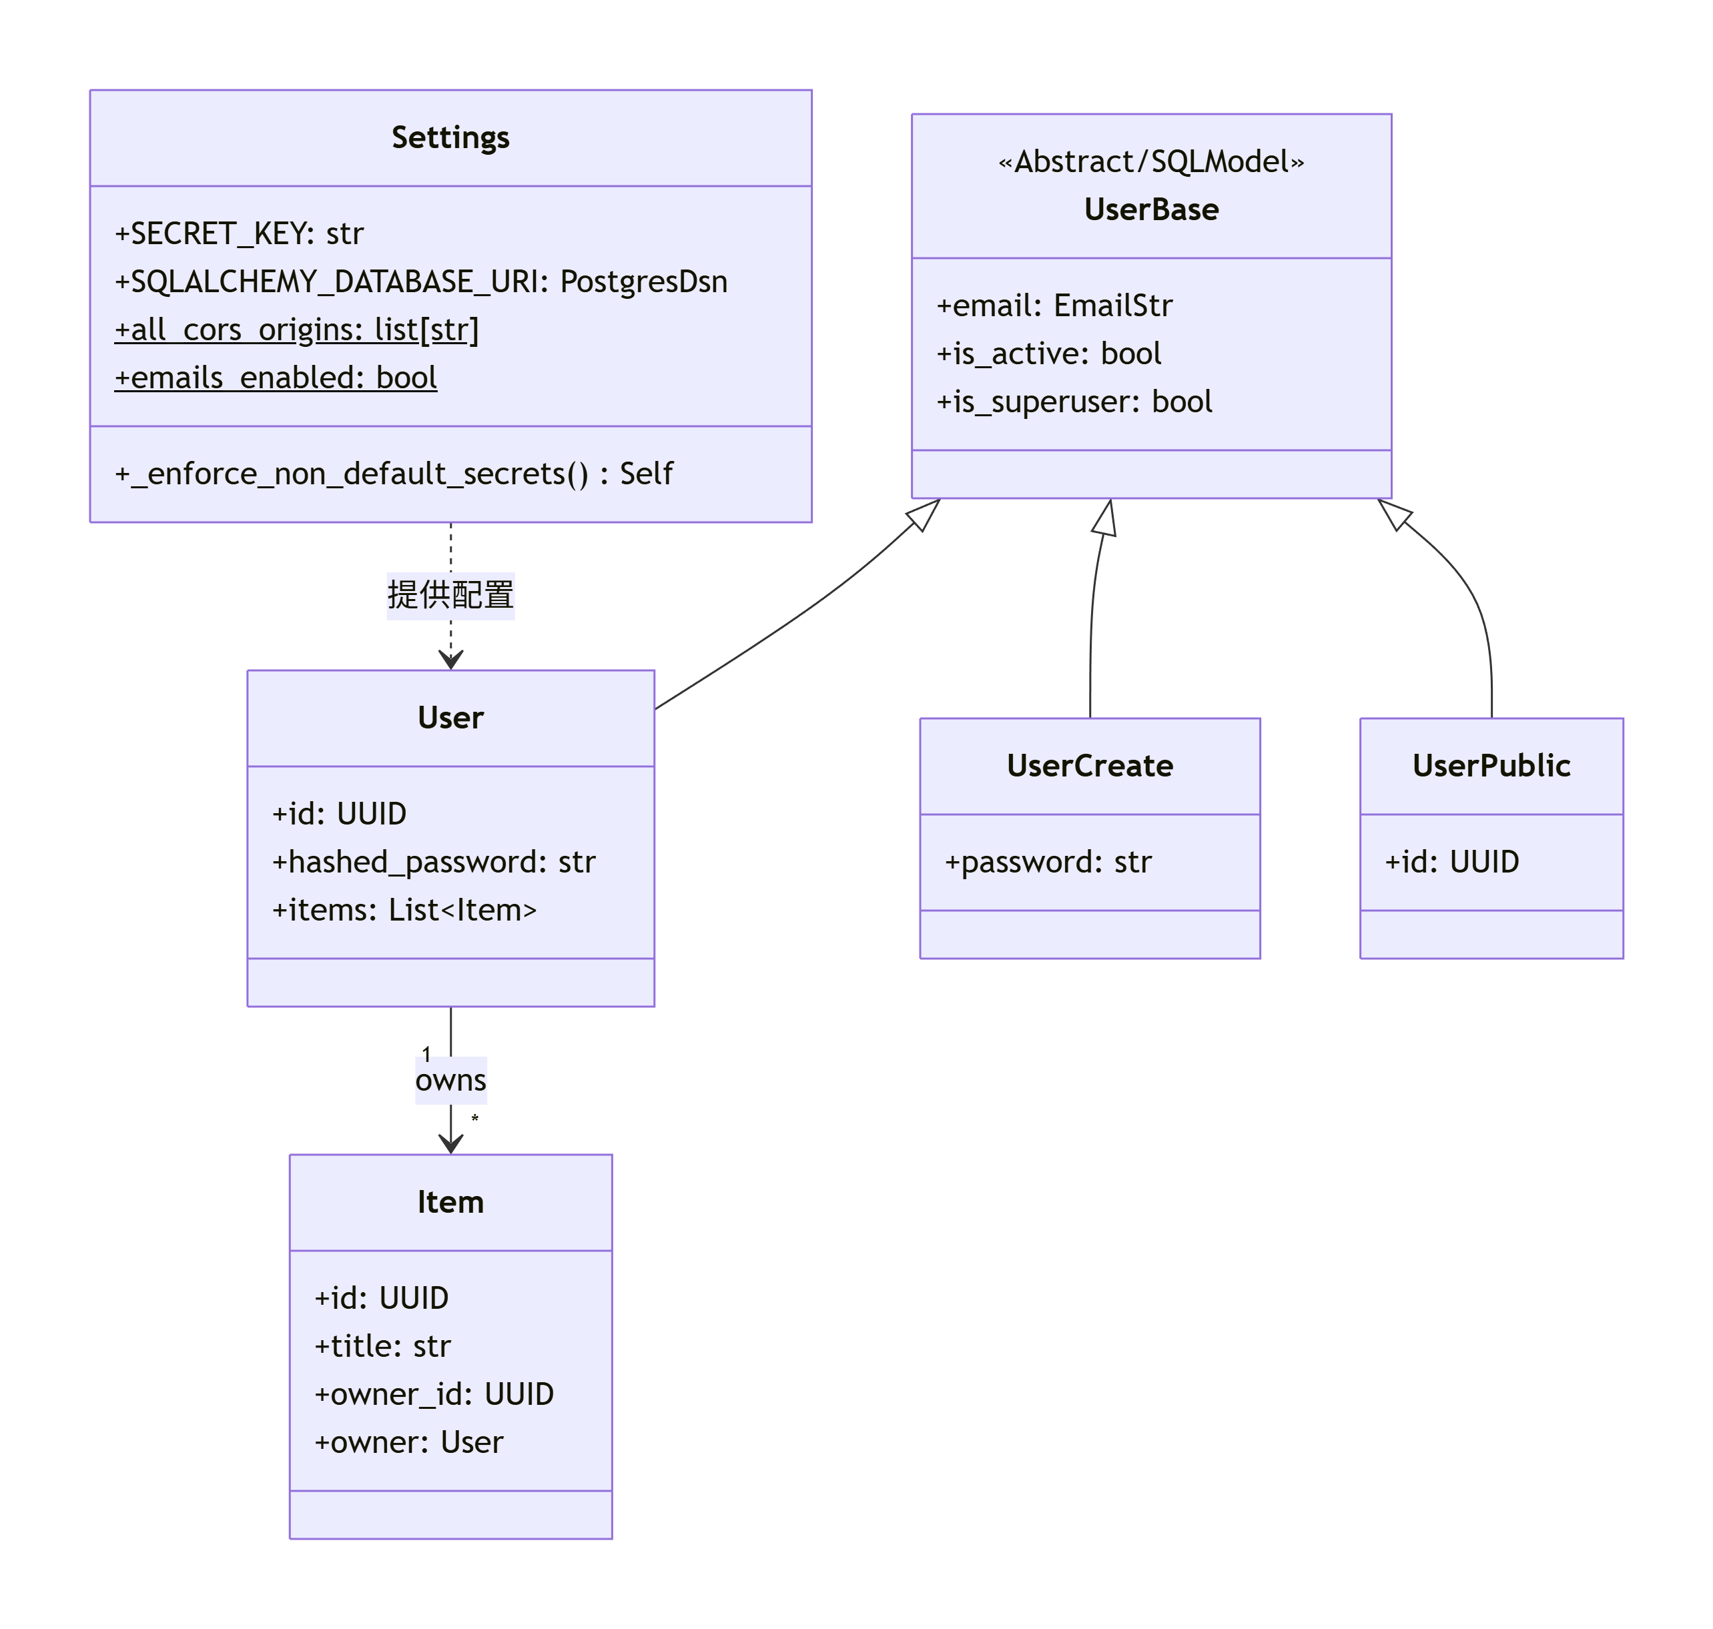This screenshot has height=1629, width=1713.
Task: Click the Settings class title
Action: point(450,137)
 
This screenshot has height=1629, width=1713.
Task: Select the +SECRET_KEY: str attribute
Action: point(239,233)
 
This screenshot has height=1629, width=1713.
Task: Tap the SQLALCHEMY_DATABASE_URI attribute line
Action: point(421,282)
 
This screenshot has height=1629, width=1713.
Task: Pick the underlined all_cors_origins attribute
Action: point(296,330)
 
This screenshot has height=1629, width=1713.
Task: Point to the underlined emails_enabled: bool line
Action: point(276,378)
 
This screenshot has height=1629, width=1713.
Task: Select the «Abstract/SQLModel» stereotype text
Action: point(1151,161)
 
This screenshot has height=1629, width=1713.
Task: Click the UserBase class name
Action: point(1151,209)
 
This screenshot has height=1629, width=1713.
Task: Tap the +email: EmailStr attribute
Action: point(1054,306)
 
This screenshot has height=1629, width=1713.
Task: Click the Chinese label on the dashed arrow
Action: point(450,596)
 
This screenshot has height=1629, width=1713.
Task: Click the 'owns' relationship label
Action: point(450,1080)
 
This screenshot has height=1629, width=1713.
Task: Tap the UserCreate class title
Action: point(1089,765)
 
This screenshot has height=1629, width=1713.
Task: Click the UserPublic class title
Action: point(1491,765)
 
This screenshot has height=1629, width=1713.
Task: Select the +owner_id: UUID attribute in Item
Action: point(434,1394)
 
